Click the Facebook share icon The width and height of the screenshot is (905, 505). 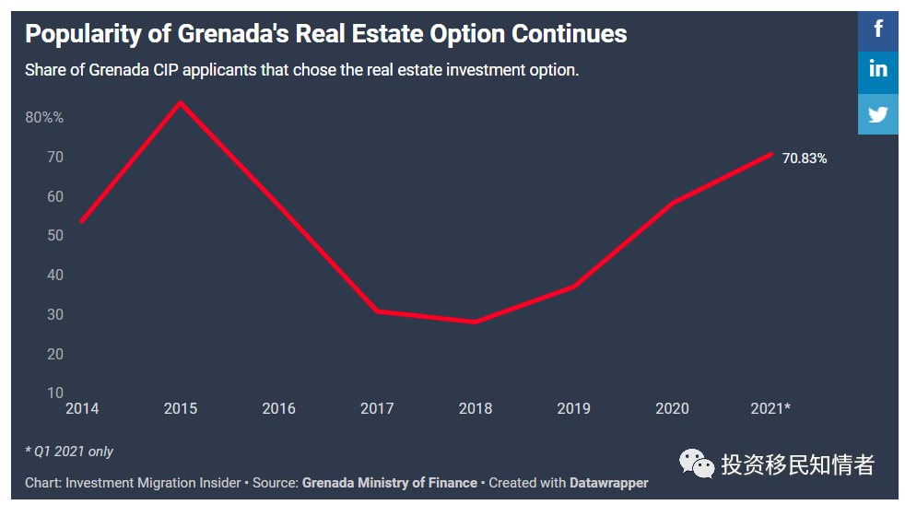tap(878, 28)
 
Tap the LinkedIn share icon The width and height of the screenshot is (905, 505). tap(878, 69)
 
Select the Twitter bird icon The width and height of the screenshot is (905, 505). tap(878, 114)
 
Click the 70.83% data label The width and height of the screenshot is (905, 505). tap(805, 159)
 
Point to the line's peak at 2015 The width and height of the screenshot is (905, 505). tap(181, 102)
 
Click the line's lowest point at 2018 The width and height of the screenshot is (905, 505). tap(475, 322)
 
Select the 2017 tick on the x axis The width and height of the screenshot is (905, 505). tap(377, 408)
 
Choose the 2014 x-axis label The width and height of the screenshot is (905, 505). tap(82, 408)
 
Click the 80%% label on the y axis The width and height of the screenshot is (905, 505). tap(44, 118)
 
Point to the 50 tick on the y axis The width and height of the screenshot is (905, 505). tap(55, 236)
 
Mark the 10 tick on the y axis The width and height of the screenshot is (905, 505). tap(55, 393)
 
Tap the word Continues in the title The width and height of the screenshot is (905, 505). tap(569, 34)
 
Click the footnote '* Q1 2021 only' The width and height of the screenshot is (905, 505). tap(69, 452)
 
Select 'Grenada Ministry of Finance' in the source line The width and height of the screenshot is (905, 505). tap(390, 483)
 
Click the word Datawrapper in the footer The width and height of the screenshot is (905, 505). tap(608, 483)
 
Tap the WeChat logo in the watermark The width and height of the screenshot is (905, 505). tap(697, 464)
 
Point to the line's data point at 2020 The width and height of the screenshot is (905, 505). tap(672, 203)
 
